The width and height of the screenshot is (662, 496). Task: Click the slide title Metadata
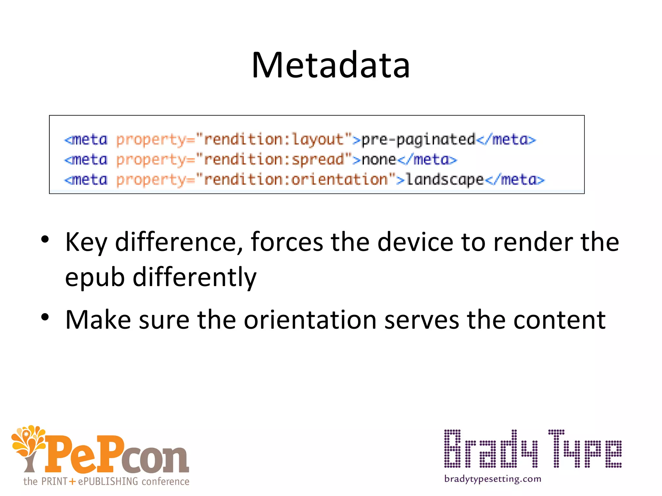tap(331, 65)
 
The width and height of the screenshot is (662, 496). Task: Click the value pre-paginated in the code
tap(418, 140)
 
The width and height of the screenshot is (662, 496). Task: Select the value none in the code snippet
tap(379, 160)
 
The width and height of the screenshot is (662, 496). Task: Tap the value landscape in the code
tap(445, 180)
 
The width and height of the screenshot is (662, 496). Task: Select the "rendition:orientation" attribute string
tap(296, 180)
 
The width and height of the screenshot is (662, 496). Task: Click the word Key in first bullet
tap(86, 242)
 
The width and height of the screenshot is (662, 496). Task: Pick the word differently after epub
tap(195, 277)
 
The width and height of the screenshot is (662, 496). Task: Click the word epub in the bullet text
tap(95, 278)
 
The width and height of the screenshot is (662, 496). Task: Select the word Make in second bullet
tap(98, 320)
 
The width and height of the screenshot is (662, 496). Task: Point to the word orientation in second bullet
tap(310, 320)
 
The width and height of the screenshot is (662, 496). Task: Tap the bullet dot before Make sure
tap(45, 317)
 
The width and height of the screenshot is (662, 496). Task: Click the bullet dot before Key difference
tap(45, 239)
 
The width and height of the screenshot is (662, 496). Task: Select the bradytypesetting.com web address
tap(493, 479)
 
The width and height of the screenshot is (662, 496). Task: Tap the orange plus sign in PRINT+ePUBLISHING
tap(72, 481)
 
